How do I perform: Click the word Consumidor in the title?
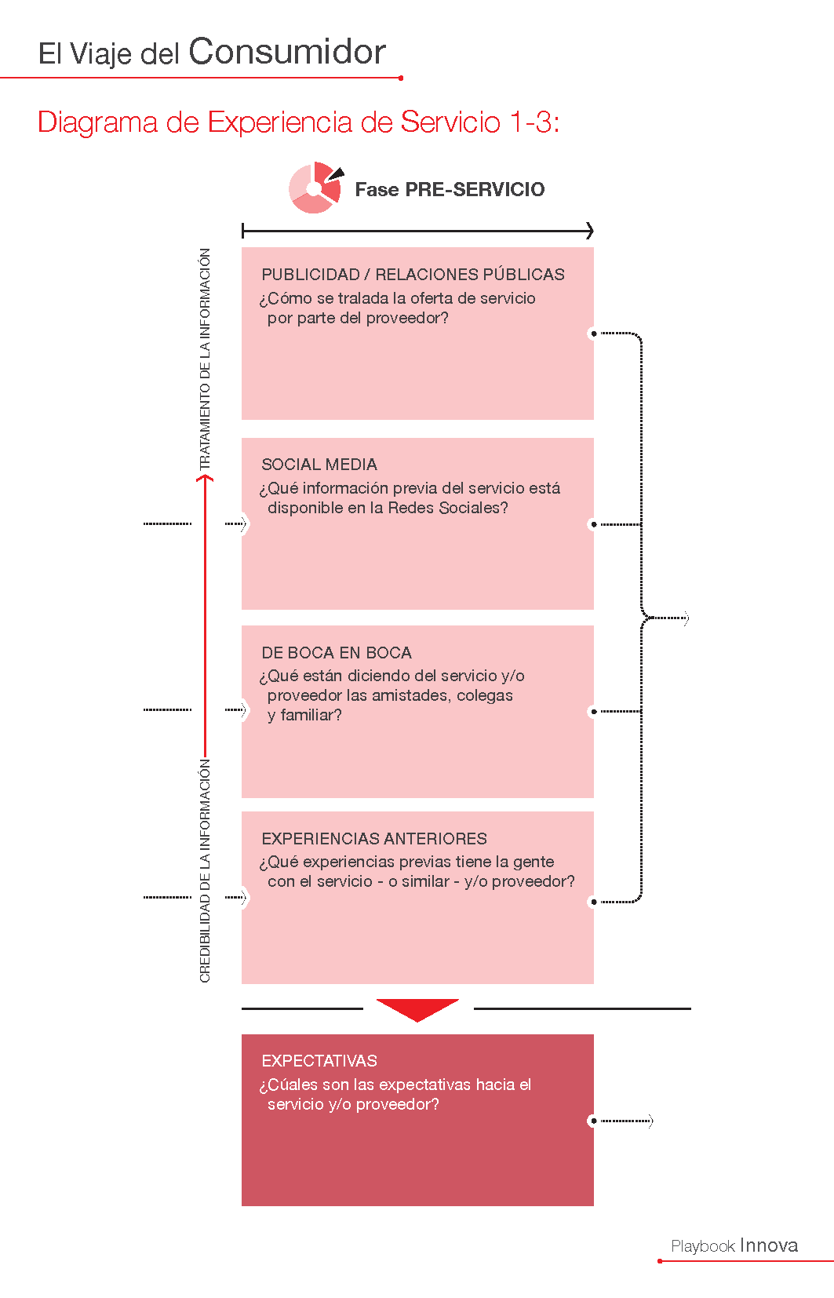click(x=286, y=52)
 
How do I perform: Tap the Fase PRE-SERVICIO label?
click(x=450, y=189)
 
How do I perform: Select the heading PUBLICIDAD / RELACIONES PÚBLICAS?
click(x=413, y=275)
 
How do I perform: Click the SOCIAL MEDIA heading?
click(x=319, y=464)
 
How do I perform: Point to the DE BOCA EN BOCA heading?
click(x=337, y=652)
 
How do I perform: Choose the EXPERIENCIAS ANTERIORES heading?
click(x=374, y=838)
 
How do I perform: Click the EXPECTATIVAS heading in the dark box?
click(x=319, y=1060)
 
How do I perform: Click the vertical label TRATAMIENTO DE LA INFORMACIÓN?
click(x=205, y=359)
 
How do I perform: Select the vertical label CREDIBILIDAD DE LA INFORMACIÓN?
click(x=205, y=870)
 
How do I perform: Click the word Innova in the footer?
click(x=769, y=1245)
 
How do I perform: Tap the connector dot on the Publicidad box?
click(x=594, y=334)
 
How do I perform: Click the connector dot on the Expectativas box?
click(x=594, y=1121)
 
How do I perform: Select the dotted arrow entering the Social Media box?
click(x=235, y=524)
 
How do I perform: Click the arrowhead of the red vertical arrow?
click(x=205, y=478)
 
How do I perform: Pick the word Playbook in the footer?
click(x=702, y=1246)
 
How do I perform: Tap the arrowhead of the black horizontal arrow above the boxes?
click(x=589, y=231)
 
